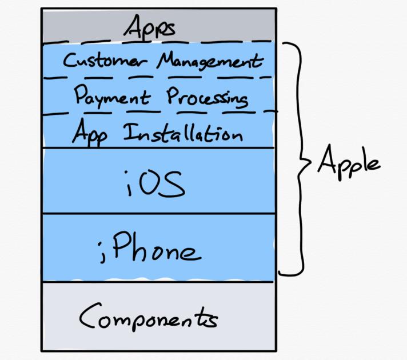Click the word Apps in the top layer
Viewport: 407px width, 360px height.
pos(150,27)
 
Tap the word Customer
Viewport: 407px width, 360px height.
pos(105,60)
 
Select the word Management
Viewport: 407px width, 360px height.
pos(210,61)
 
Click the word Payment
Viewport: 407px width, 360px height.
pos(112,97)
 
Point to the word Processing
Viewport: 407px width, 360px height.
pos(207,98)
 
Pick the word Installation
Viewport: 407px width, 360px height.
pos(183,133)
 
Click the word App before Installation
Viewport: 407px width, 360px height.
pos(90,133)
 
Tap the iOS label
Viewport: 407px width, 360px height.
pos(155,184)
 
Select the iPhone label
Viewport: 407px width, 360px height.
pos(150,247)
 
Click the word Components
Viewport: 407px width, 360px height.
pos(149,317)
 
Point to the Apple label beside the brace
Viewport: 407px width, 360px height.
pos(349,162)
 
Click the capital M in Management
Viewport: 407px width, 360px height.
pos(166,59)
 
